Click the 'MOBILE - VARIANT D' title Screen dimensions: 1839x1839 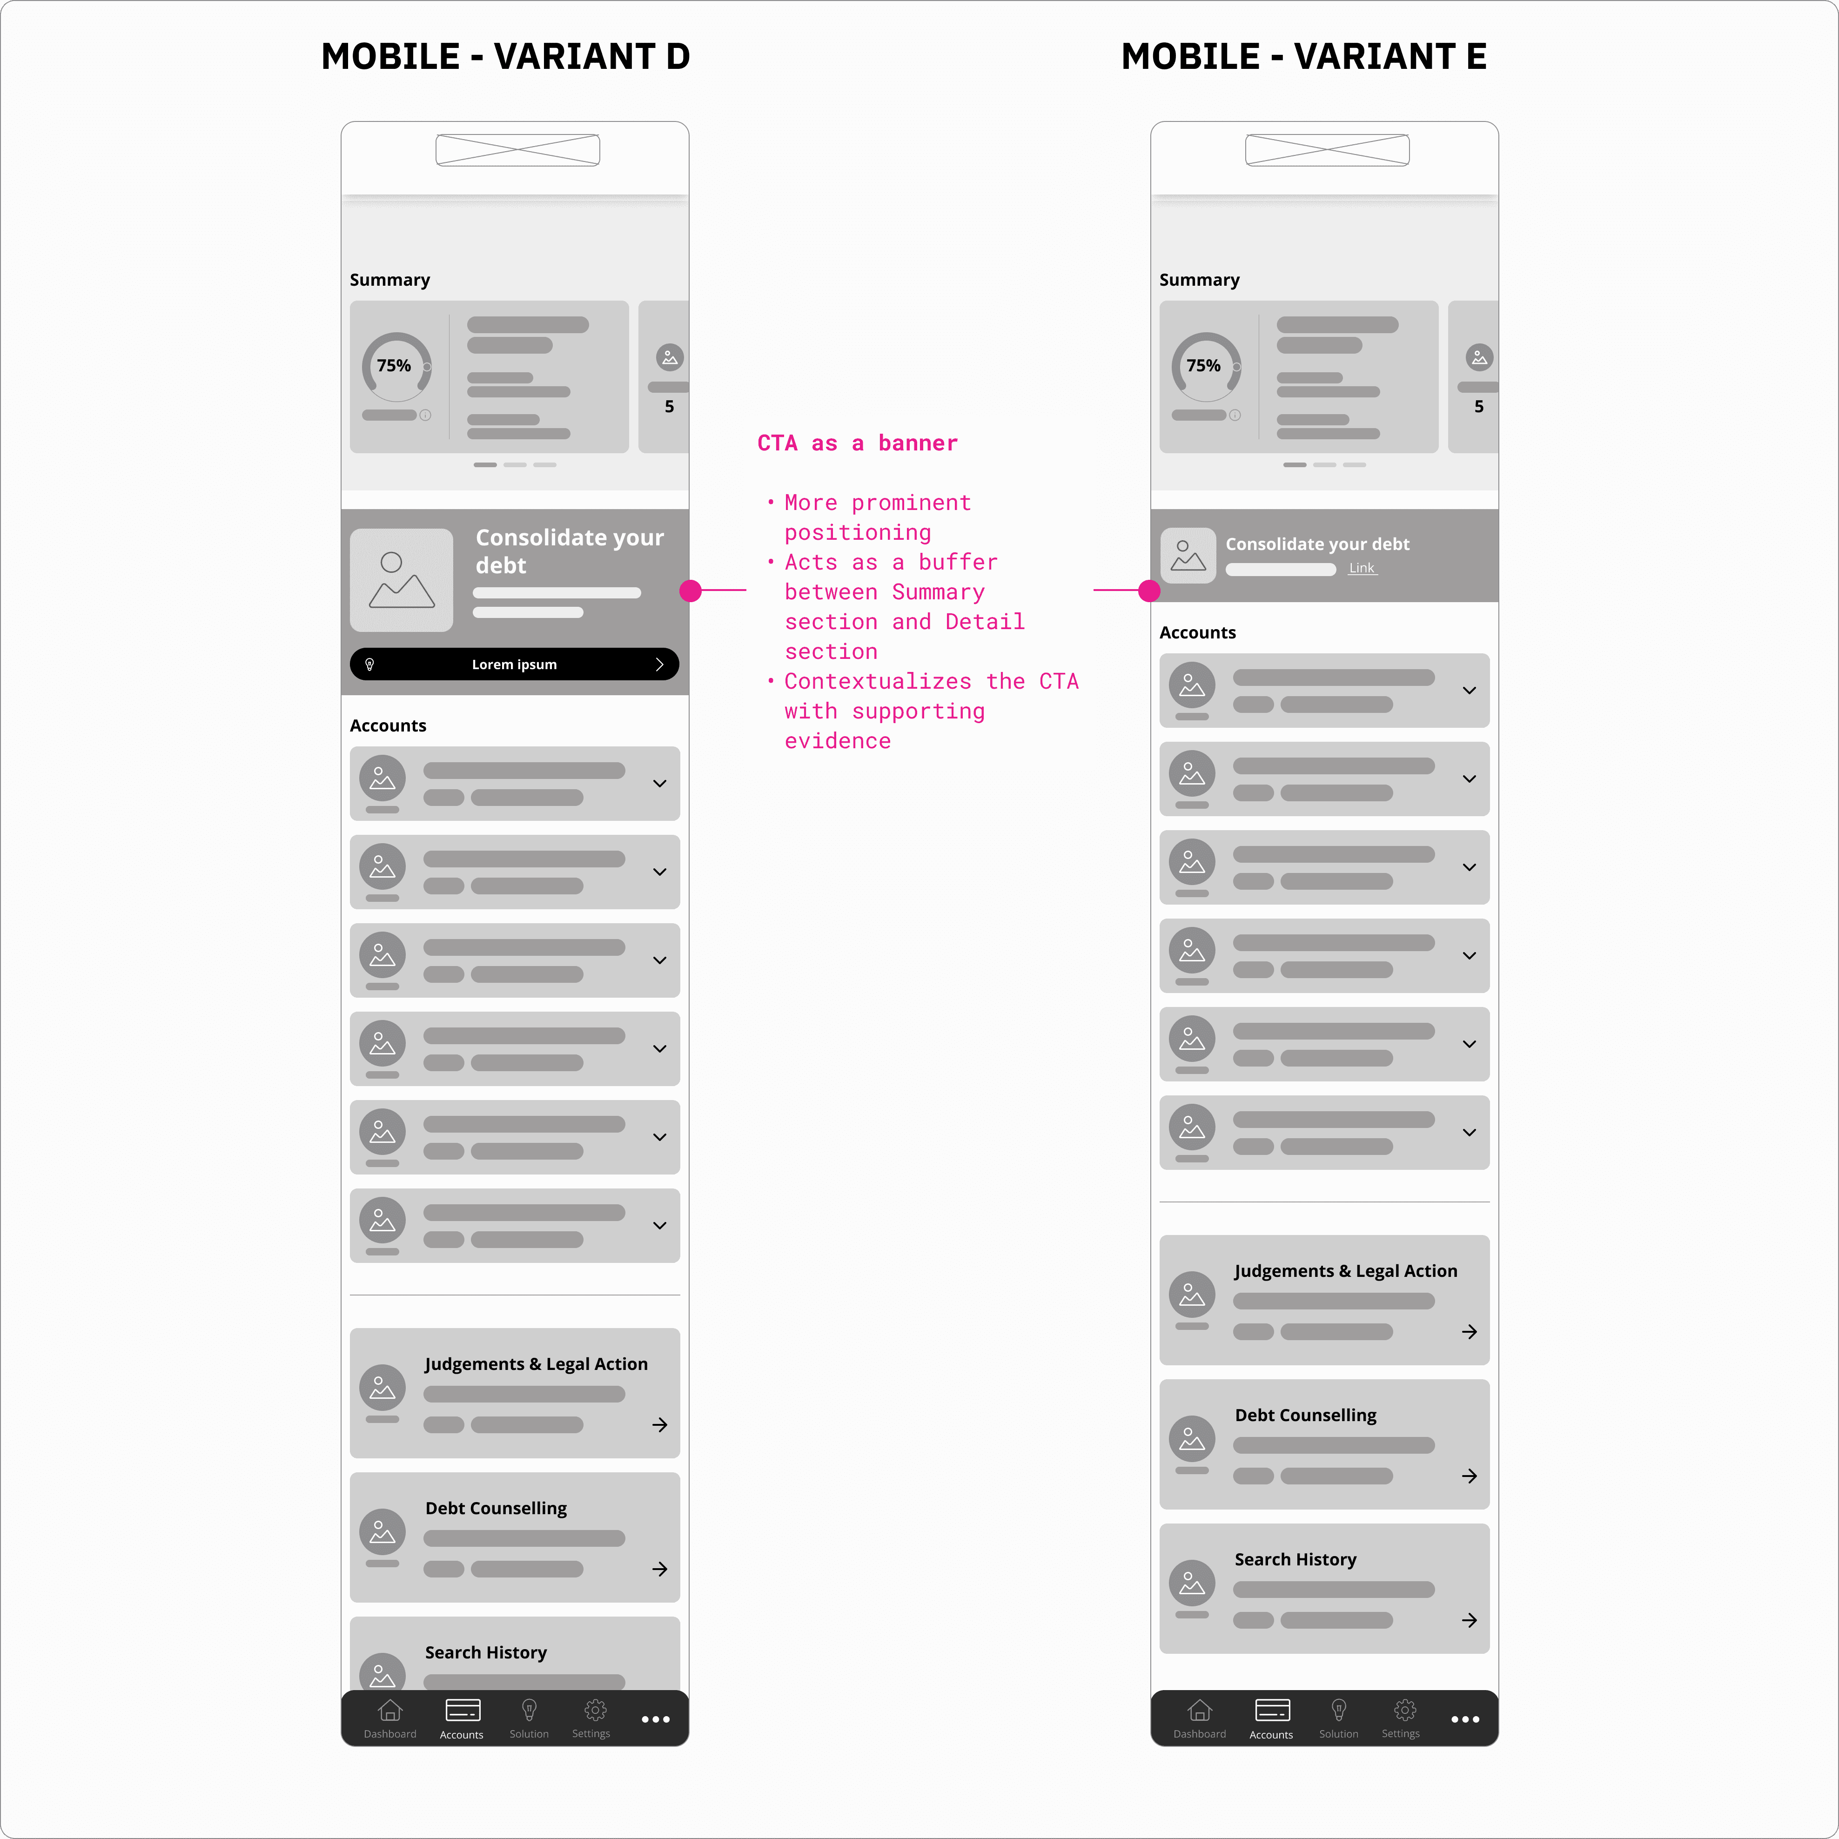505,56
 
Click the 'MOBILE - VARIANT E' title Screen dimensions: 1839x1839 1304,56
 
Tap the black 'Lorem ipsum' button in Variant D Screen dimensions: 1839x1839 514,664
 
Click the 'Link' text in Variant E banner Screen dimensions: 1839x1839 1362,568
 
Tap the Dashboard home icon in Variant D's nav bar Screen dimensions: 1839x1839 390,1711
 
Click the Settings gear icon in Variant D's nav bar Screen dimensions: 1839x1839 596,1711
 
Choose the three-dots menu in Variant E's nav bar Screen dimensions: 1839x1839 1465,1719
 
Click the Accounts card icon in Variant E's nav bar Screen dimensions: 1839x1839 1272,1711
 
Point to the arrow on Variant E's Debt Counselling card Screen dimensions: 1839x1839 1470,1477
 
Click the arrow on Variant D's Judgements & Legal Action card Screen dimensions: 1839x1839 660,1425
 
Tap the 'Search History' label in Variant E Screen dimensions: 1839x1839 1295,1559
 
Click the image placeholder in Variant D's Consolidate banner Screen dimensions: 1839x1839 402,581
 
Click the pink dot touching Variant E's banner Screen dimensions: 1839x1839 1150,591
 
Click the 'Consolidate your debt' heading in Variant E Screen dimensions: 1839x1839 1317,544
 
